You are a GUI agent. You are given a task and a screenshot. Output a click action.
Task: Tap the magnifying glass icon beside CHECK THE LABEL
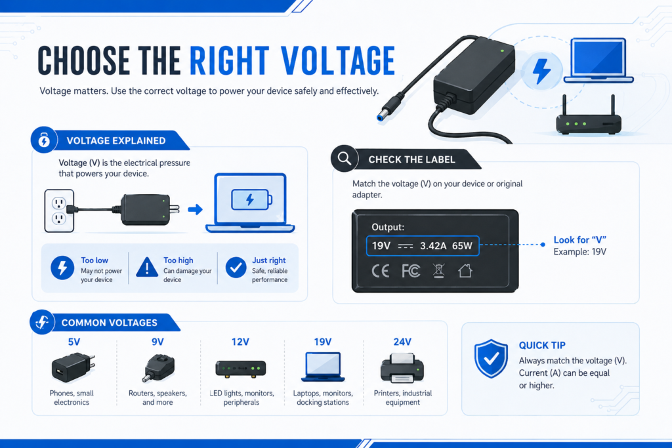344,159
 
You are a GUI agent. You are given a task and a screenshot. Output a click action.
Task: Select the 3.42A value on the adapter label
433,246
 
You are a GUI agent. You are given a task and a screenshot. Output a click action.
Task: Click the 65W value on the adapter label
462,246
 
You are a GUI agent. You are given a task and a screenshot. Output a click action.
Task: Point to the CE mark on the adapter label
380,271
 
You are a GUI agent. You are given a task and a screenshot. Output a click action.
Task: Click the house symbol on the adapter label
465,271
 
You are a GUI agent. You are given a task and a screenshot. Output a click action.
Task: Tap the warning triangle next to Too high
147,267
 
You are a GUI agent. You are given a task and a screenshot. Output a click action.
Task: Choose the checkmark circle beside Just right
236,268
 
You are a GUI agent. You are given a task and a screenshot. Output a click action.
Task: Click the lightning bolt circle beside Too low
62,268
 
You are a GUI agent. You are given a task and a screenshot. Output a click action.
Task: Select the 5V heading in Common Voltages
74,342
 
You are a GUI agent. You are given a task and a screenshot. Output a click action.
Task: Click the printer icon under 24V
402,368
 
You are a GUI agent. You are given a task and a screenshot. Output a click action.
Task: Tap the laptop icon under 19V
323,367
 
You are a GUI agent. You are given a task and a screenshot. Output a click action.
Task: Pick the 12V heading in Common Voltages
240,342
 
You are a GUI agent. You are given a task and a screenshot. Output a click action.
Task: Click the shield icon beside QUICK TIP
491,359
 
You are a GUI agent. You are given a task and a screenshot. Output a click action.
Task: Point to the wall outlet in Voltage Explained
59,211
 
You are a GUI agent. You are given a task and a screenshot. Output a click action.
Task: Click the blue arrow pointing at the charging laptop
195,209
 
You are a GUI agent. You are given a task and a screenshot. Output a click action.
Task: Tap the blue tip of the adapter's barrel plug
380,117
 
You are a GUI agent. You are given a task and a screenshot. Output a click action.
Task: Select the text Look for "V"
580,240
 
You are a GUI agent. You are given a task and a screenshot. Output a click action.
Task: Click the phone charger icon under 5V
73,367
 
